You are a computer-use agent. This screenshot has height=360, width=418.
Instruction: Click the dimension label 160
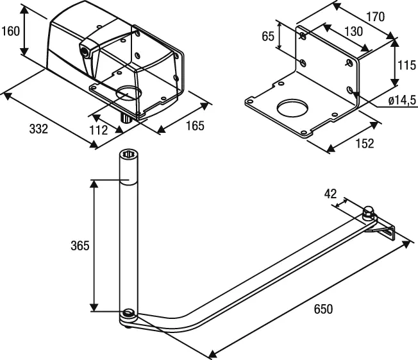pyautogui.click(x=11, y=31)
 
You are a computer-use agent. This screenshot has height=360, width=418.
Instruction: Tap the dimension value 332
pyautogui.click(x=38, y=129)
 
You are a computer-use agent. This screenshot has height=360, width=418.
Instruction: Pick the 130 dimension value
pyautogui.click(x=353, y=31)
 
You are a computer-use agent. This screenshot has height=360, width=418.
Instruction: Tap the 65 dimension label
pyautogui.click(x=269, y=36)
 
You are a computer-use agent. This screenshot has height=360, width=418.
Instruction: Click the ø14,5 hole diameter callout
pyautogui.click(x=403, y=99)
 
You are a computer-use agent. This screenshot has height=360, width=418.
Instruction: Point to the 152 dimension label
pyautogui.click(x=364, y=144)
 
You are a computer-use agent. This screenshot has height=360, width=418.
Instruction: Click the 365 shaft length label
pyautogui.click(x=80, y=246)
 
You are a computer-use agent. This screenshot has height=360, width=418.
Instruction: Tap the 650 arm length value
pyautogui.click(x=323, y=309)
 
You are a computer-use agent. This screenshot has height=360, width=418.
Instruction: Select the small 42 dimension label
pyautogui.click(x=331, y=193)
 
